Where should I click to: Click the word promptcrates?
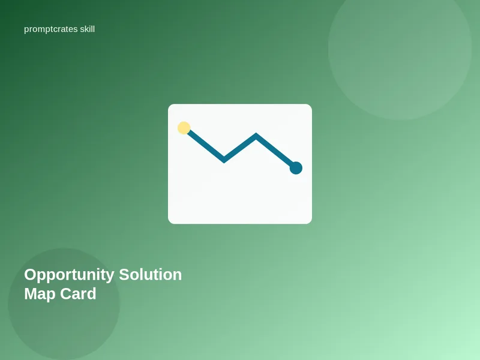tap(51, 29)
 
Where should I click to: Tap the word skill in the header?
tap(87, 29)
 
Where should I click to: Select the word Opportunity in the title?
tap(69, 275)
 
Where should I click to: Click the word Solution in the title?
tap(151, 275)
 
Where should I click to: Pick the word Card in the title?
tap(78, 293)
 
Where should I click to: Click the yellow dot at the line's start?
tap(184, 128)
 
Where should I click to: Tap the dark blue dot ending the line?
tap(296, 168)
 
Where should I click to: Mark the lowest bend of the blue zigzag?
tap(224, 160)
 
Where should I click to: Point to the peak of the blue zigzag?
tap(256, 135)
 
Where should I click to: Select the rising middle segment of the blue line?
tap(240, 148)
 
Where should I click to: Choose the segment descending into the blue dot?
tap(275, 151)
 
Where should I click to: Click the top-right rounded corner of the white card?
tap(310, 106)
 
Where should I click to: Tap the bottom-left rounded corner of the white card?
tap(170, 221)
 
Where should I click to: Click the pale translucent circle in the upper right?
tap(400, 48)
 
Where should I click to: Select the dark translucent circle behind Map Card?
tap(64, 304)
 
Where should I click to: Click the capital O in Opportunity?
tap(31, 275)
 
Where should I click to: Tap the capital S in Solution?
tap(125, 275)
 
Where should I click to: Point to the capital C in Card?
tap(66, 293)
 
